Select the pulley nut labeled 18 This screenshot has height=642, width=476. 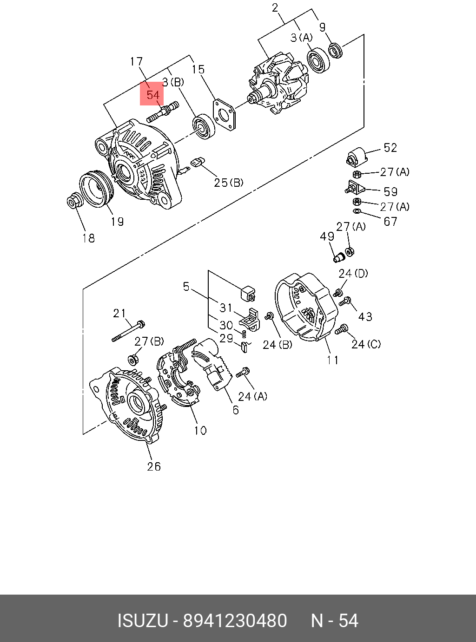click(x=74, y=201)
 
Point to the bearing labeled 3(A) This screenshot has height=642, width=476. click(x=318, y=60)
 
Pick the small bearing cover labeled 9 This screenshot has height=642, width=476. click(x=336, y=50)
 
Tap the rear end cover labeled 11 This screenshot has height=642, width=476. click(x=306, y=307)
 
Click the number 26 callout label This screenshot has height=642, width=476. click(x=154, y=466)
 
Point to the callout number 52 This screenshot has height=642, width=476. click(x=390, y=148)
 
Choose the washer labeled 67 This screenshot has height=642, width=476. click(x=357, y=212)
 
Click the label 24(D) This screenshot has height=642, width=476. click(x=353, y=273)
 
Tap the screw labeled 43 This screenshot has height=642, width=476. click(x=345, y=301)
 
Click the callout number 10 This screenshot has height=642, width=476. click(x=200, y=431)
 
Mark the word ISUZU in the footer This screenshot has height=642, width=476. click(x=142, y=621)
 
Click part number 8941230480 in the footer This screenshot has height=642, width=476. click(x=235, y=621)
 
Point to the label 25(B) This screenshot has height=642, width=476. click(x=229, y=183)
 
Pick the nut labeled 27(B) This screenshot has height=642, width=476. click(x=132, y=359)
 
